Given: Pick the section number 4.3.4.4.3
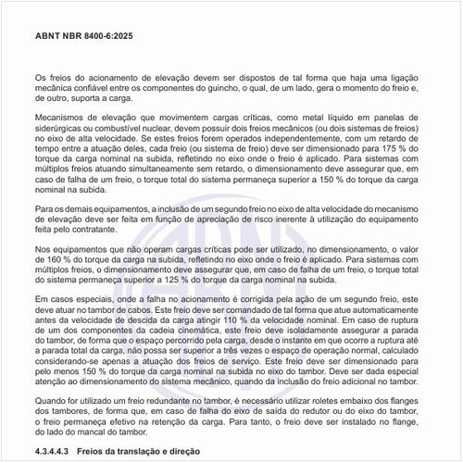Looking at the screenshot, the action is [x=55, y=452].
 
